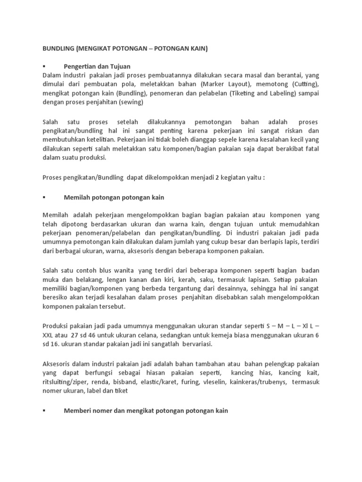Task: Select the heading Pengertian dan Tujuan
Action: pos(97,66)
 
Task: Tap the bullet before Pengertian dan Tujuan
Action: pos(44,66)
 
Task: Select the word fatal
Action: pos(311,149)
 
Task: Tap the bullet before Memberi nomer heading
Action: pos(44,411)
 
